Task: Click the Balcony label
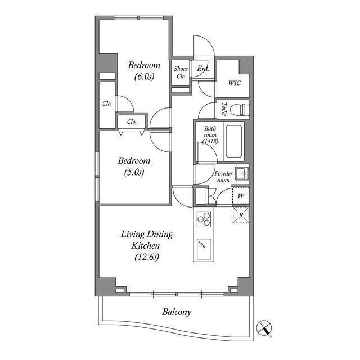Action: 177,312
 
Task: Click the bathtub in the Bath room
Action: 234,141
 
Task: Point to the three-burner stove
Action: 204,219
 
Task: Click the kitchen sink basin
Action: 204,249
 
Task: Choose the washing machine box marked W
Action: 241,196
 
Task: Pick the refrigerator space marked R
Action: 241,215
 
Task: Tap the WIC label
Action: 234,83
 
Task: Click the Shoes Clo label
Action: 181,73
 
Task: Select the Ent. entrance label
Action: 203,69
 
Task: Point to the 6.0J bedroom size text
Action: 144,76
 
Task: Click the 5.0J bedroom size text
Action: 134,172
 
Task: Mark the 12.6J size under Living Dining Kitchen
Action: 147,257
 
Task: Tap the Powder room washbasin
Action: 242,174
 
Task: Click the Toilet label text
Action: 224,109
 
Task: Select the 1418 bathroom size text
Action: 210,141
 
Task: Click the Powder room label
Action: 223,177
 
